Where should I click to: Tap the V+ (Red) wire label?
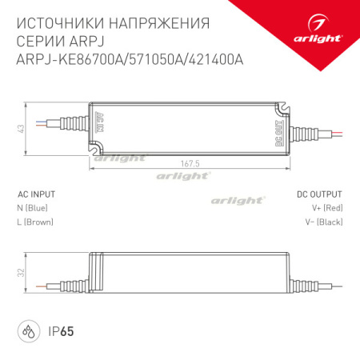point(326,207)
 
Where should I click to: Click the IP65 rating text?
point(54,330)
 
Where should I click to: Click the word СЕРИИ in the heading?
point(39,39)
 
